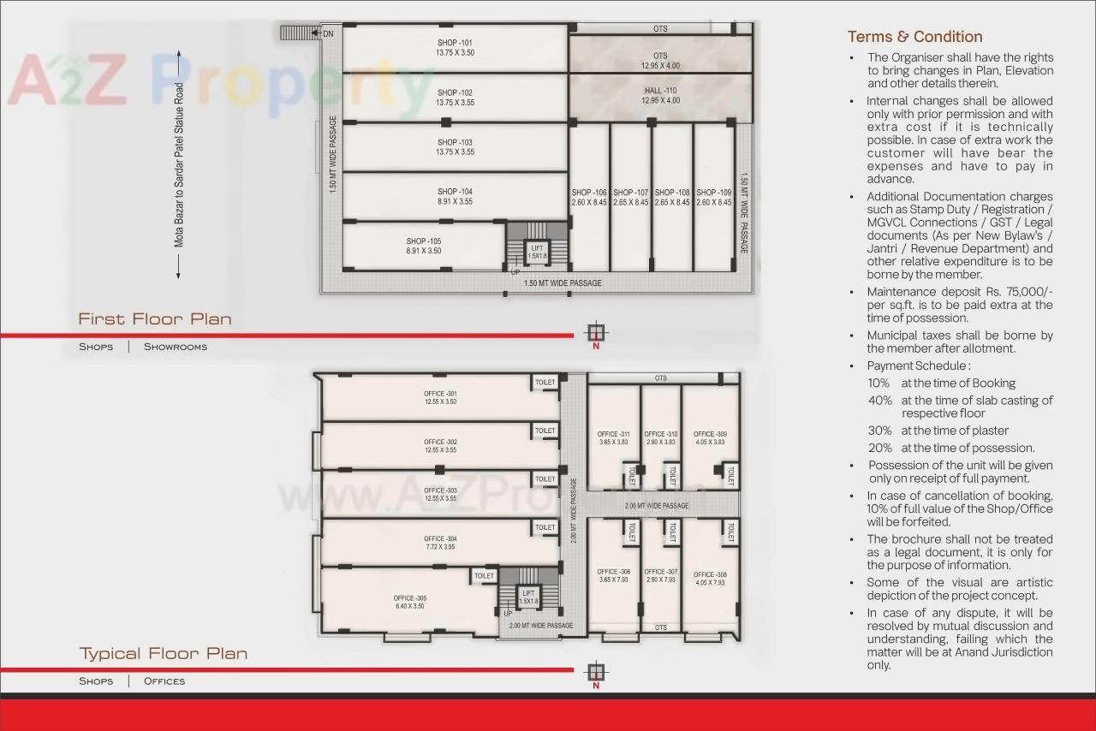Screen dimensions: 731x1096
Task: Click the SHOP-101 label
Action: click(455, 48)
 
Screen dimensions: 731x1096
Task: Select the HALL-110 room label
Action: click(660, 95)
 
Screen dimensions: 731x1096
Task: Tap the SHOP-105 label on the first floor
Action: click(424, 247)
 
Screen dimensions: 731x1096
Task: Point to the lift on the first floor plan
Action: click(537, 253)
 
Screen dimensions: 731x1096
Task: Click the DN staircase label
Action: click(328, 34)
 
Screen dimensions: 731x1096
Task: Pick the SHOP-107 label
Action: click(630, 198)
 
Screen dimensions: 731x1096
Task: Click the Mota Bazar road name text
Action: click(179, 165)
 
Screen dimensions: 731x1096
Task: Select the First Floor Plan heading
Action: click(155, 319)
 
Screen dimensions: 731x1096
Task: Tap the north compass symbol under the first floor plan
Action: click(596, 333)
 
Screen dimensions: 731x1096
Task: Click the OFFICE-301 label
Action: click(440, 397)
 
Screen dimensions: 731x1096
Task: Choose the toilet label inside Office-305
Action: click(484, 576)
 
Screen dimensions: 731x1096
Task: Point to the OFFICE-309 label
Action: click(710, 437)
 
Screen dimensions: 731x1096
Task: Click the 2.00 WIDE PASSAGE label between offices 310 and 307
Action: click(656, 506)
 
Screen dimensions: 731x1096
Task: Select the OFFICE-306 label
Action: click(613, 575)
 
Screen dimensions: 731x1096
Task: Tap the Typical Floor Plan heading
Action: click(164, 654)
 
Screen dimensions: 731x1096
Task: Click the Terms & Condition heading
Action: click(914, 37)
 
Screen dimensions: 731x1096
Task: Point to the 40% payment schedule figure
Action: click(879, 401)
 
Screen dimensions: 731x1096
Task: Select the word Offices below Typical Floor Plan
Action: click(164, 681)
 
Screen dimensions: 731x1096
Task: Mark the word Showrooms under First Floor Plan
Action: click(176, 347)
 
